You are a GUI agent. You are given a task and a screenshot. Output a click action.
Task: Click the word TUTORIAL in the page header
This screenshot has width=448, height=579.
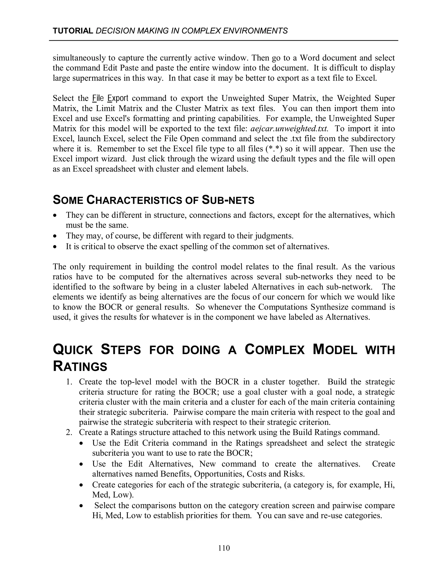tap(73, 31)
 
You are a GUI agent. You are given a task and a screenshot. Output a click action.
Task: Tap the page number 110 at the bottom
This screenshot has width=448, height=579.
tap(224, 548)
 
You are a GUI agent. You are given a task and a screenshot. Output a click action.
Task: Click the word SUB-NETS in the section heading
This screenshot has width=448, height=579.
tap(228, 200)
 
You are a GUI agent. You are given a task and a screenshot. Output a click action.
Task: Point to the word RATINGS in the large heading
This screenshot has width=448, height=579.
tap(80, 367)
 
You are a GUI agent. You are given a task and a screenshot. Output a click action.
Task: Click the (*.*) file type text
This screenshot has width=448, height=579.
tap(274, 149)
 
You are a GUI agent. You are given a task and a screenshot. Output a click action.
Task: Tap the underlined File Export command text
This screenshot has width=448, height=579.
tap(110, 98)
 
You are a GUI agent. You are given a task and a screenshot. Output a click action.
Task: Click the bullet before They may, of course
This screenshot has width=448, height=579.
tap(55, 236)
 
